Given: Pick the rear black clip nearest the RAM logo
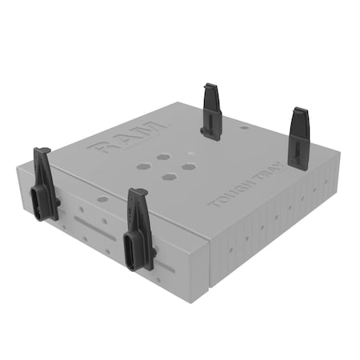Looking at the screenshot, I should (211, 111).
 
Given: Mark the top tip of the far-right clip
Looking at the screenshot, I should (298, 110).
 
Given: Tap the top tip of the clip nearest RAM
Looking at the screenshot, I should (210, 86).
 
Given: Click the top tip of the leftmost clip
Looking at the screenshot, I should (42, 151).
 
